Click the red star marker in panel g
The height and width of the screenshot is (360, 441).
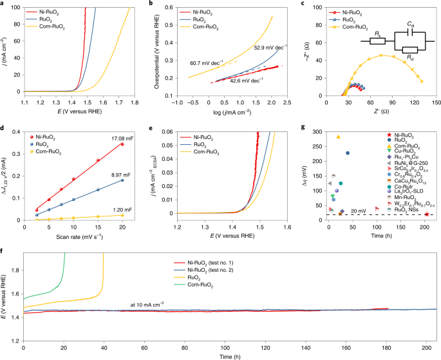tap(426, 250)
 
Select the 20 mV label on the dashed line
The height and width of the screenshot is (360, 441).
tap(377, 247)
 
